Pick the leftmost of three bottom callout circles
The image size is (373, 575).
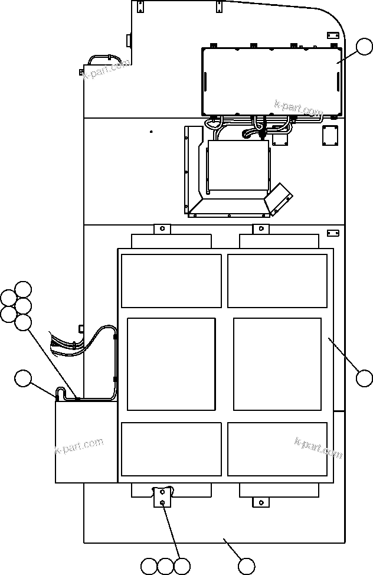(x=149, y=566)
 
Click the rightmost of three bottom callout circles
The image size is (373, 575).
(x=182, y=566)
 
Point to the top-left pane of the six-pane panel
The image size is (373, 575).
(x=171, y=281)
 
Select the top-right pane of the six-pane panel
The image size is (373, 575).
(x=277, y=281)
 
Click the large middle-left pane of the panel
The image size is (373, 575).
(x=171, y=364)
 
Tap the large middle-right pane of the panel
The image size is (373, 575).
(x=277, y=364)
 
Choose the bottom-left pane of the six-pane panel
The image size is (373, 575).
(x=171, y=449)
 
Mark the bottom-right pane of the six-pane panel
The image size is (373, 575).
(x=277, y=449)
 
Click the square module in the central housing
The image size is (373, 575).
(x=238, y=165)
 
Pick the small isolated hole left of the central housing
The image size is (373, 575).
(x=151, y=132)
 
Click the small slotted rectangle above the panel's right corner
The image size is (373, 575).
(x=333, y=234)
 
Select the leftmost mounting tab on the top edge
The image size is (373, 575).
(x=140, y=7)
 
